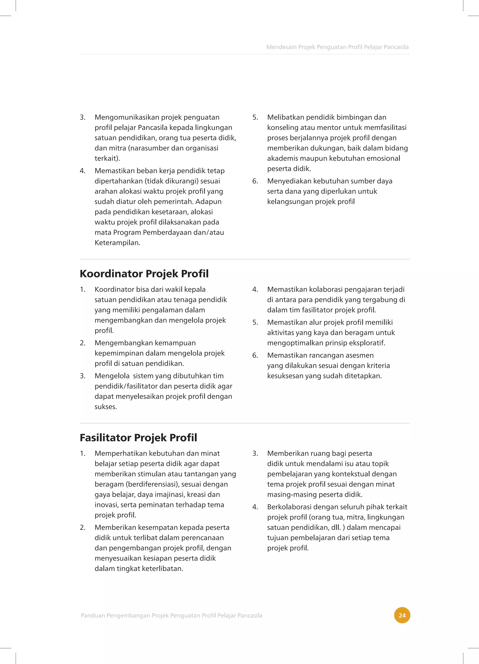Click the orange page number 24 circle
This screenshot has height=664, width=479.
402,615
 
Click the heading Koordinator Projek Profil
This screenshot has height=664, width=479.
144,274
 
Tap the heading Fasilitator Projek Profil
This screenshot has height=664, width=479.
138,438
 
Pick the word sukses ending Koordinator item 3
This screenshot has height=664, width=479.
105,407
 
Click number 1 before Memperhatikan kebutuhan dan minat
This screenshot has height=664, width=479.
82,453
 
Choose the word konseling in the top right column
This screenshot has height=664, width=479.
281,128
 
